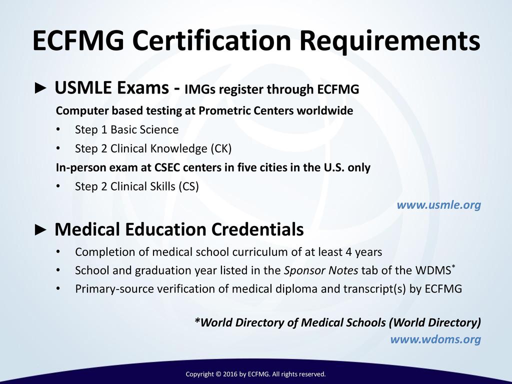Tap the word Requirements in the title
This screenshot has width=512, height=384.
[x=389, y=41]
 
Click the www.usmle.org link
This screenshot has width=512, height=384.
[x=438, y=205]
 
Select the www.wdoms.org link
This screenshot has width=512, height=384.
[x=435, y=339]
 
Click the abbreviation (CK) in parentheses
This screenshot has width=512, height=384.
[x=221, y=148]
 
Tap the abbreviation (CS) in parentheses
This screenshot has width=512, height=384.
[x=187, y=186]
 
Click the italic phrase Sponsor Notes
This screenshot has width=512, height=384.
[x=321, y=270]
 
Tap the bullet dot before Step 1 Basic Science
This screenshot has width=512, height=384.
[x=58, y=130]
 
